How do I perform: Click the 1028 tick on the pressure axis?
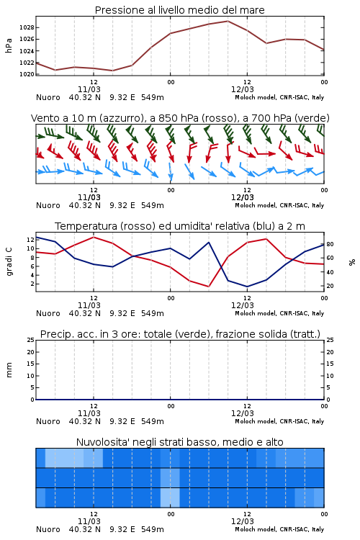pyautogui.click(x=27, y=27)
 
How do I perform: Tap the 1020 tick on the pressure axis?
pyautogui.click(x=27, y=74)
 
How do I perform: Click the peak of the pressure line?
pyautogui.click(x=228, y=21)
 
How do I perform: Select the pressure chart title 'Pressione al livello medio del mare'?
pyautogui.click(x=179, y=10)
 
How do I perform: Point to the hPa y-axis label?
pyautogui.click(x=9, y=45)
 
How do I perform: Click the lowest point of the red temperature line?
pyautogui.click(x=209, y=287)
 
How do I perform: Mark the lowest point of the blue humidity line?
pyautogui.click(x=247, y=287)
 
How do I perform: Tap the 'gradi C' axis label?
pyautogui.click(x=9, y=262)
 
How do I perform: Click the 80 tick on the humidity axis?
pyautogui.click(x=330, y=244)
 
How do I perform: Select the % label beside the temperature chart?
pyautogui.click(x=352, y=262)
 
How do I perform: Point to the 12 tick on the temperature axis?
pyautogui.click(x=30, y=240)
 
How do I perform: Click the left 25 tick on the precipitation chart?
pyautogui.click(x=30, y=340)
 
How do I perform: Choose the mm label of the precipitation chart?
pyautogui.click(x=9, y=369)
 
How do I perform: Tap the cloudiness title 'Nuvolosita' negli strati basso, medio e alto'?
pyautogui.click(x=179, y=442)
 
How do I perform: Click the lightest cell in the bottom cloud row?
pyautogui.click(x=170, y=498)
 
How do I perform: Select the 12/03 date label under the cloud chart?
pyautogui.click(x=242, y=521)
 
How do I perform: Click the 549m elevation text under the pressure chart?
pyautogui.click(x=152, y=97)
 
